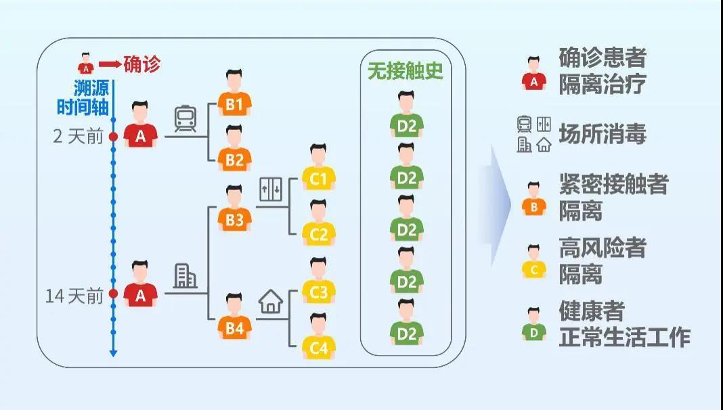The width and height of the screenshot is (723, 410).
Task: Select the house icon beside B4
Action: tap(271, 301)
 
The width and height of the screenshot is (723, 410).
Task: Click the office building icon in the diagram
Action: tap(185, 275)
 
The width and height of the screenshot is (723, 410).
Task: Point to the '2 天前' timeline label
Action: tap(78, 137)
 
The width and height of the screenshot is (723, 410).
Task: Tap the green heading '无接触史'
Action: tap(406, 71)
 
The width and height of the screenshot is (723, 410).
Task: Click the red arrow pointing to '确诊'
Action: tap(110, 65)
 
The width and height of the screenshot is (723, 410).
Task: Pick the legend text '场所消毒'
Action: tap(602, 134)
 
